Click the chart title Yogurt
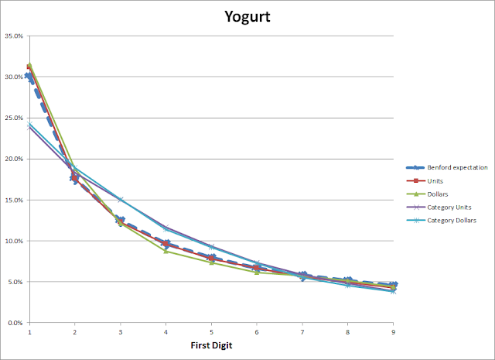(247, 16)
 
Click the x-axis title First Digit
(211, 345)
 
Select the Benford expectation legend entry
(447, 167)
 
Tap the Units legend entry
(425, 181)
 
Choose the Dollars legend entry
(427, 194)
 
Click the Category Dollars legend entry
(442, 221)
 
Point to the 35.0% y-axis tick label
(14, 36)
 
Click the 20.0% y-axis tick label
(14, 159)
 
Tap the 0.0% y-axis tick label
(15, 323)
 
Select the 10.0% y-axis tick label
(14, 241)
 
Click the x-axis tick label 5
(211, 332)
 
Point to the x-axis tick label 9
(393, 332)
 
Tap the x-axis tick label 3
(121, 332)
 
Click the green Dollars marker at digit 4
(166, 252)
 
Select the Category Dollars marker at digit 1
(29, 124)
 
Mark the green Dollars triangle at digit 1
(29, 65)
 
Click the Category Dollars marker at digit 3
(121, 200)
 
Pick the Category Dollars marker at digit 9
(393, 291)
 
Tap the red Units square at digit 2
(74, 178)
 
